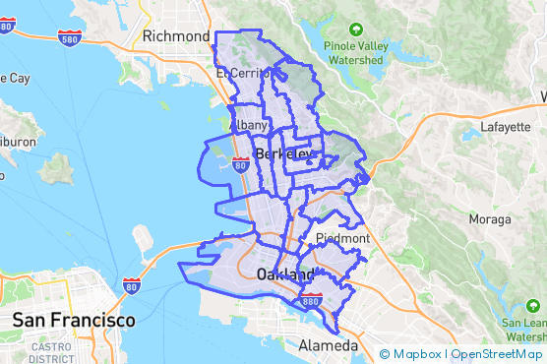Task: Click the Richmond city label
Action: coord(176,36)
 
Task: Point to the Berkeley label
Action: coord(282,154)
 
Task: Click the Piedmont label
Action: coord(341,238)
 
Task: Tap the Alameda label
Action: coord(329,346)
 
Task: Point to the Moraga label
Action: coord(490,218)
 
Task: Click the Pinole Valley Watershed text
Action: coord(354,53)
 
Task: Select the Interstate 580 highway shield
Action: coord(69,38)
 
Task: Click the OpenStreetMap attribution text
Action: coord(497,354)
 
